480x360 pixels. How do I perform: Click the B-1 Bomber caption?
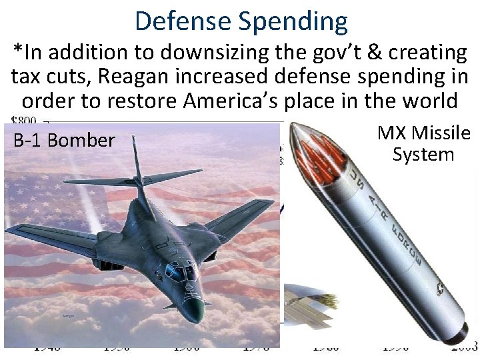pyautogui.click(x=63, y=141)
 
